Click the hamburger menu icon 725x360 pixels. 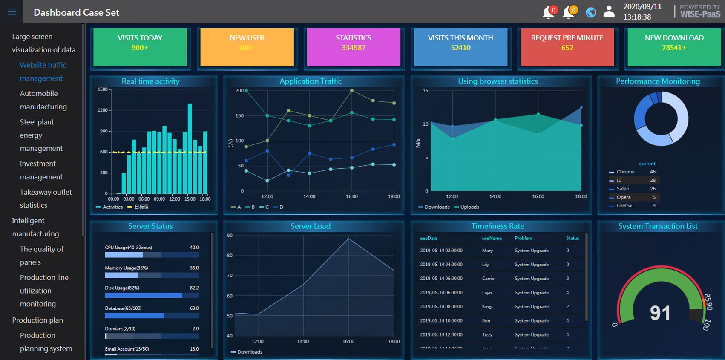point(12,12)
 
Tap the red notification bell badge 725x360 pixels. point(553,10)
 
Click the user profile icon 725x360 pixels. point(609,12)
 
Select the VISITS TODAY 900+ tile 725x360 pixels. point(140,46)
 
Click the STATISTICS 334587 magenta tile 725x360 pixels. point(353,46)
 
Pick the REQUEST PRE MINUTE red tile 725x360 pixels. point(567,46)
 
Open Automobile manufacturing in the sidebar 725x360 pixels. point(43,100)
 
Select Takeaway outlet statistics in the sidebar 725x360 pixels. point(46,199)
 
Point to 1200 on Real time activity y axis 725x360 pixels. point(103,110)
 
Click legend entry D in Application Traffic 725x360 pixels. point(279,207)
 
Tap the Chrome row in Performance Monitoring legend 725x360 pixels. point(632,172)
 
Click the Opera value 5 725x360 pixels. point(654,197)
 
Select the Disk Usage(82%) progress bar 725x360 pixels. point(152,295)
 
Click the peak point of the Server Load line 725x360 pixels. point(348,239)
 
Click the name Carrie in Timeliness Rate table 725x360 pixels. point(488,279)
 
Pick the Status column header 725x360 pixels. point(572,238)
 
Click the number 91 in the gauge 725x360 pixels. point(660,313)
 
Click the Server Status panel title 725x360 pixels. point(150,226)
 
